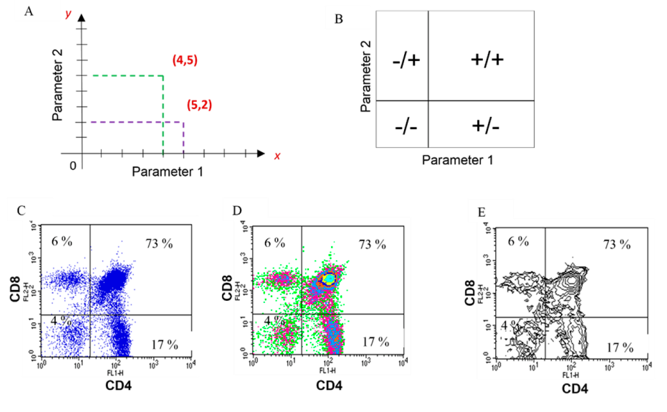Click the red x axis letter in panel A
[277, 156]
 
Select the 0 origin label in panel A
[74, 165]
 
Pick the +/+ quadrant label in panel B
[487, 60]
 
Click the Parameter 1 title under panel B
[457, 160]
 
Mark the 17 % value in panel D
[375, 341]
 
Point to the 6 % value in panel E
[518, 242]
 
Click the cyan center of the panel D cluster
[330, 278]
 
